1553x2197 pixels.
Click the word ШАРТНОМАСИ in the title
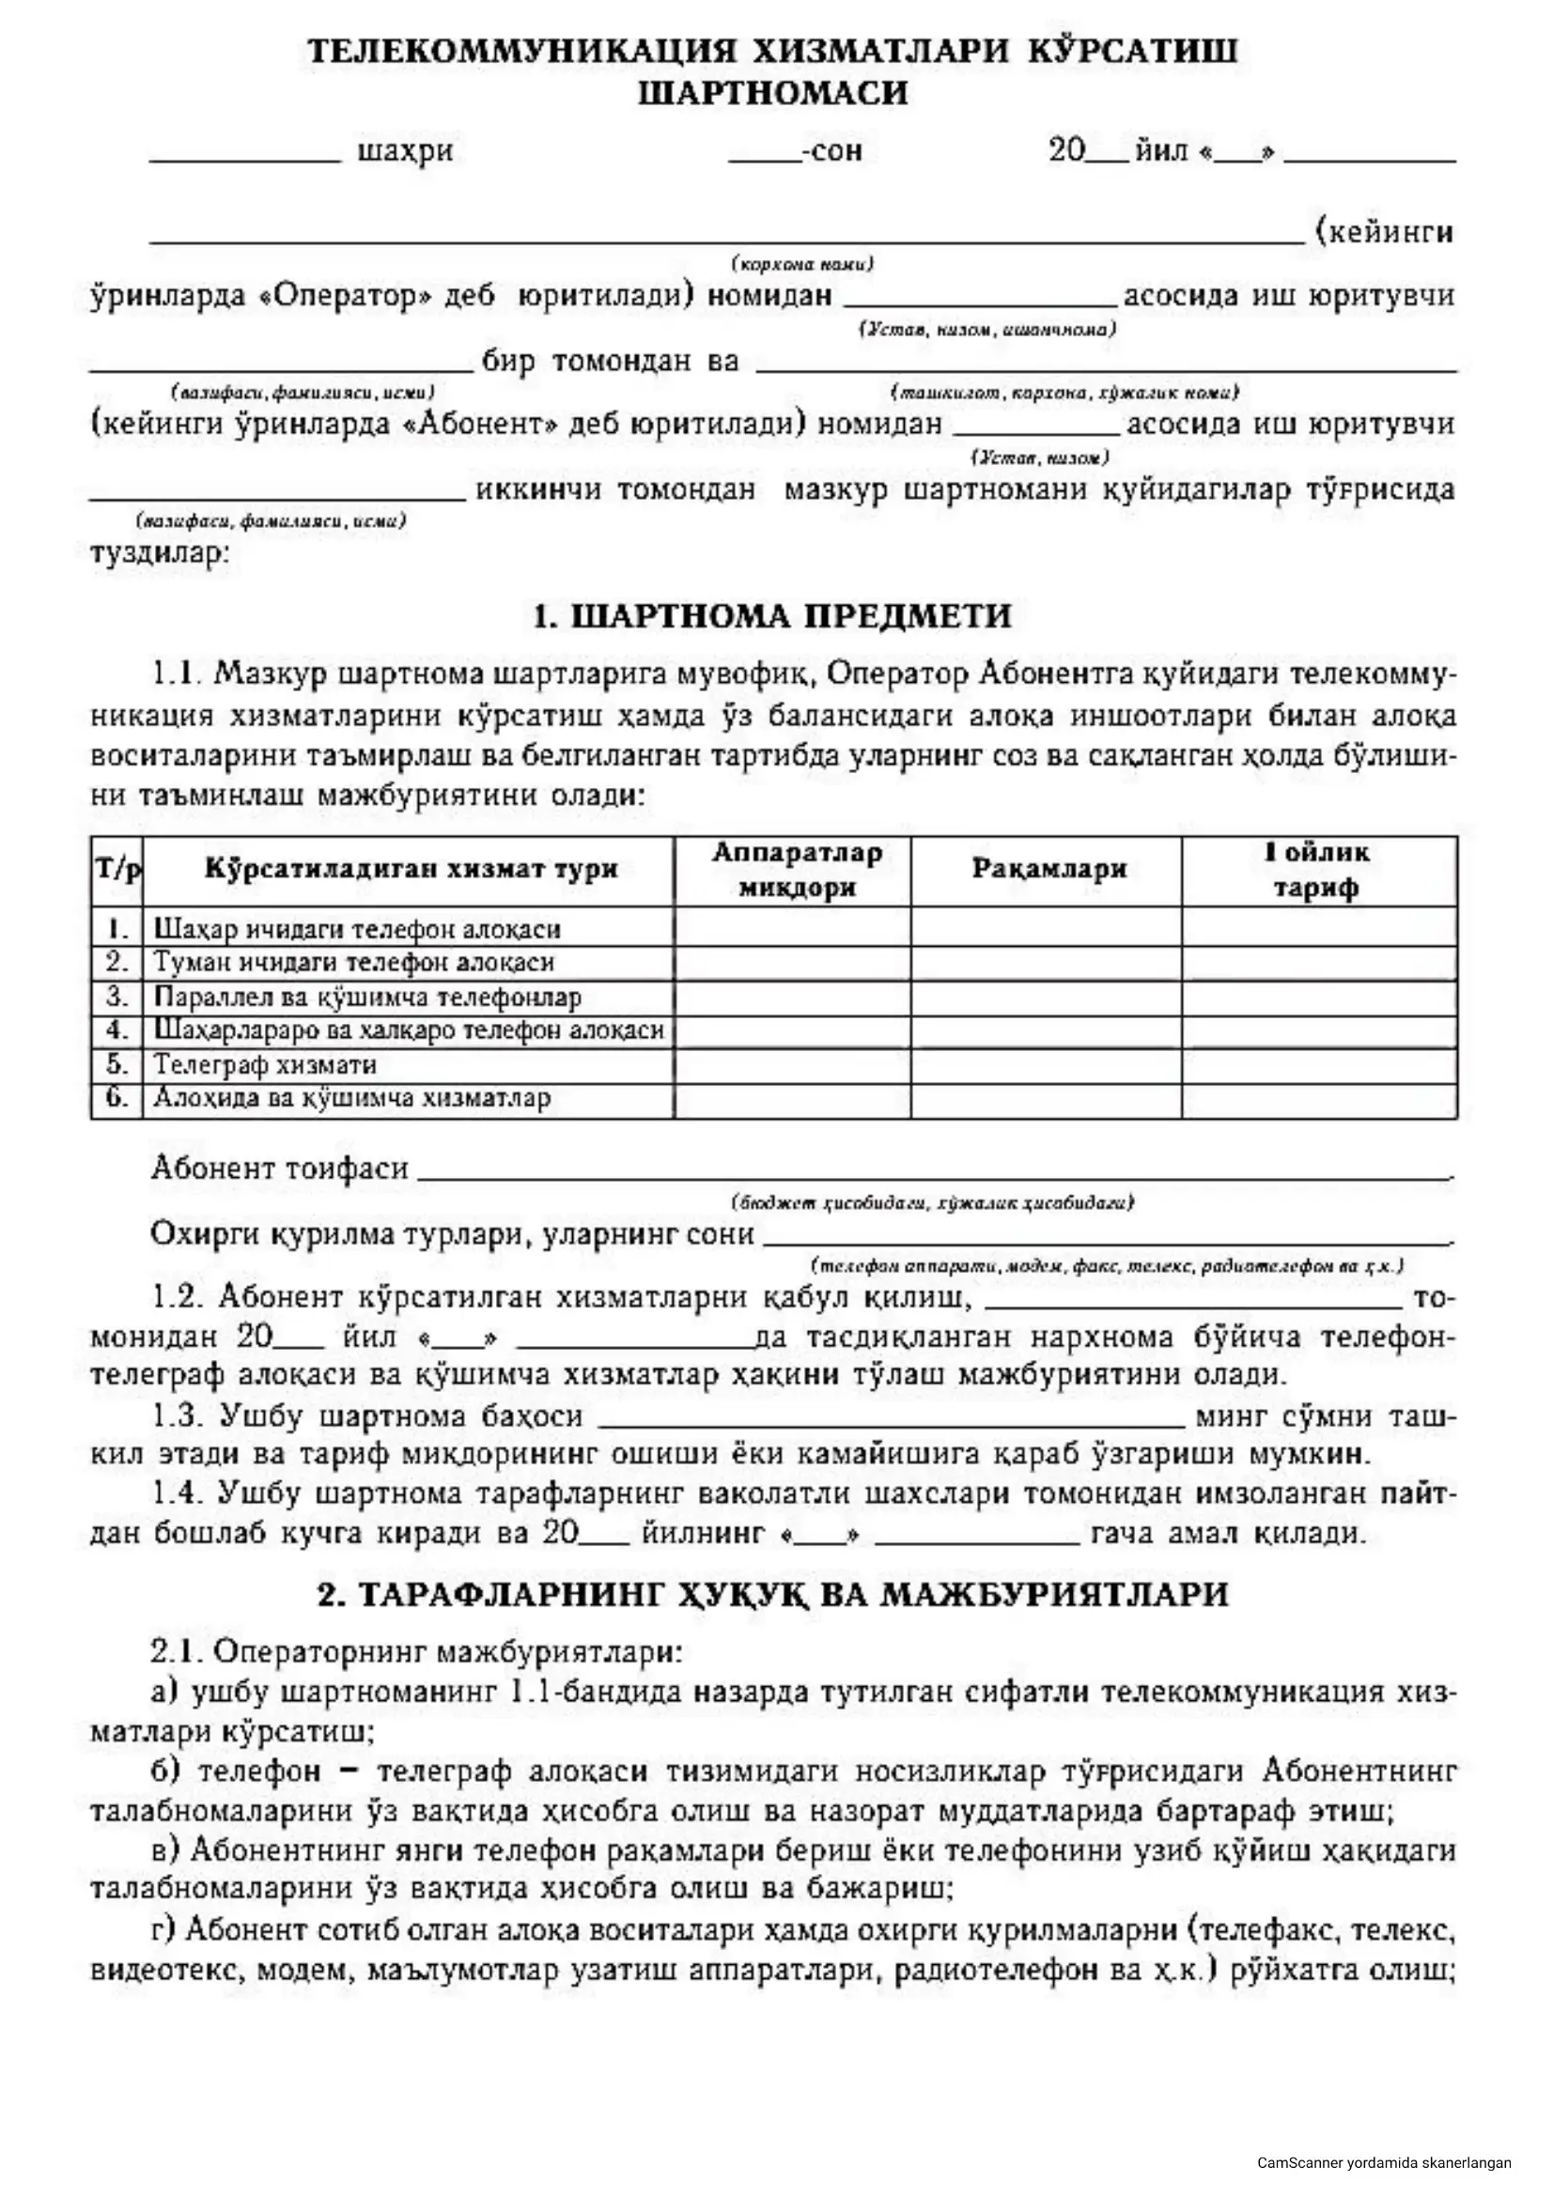(773, 94)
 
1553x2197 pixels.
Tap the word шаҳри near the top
(405, 152)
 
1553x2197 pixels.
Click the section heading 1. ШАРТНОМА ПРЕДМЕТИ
(772, 615)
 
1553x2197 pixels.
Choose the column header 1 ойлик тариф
(1317, 870)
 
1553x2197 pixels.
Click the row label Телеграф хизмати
(265, 1064)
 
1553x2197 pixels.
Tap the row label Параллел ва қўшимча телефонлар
(367, 998)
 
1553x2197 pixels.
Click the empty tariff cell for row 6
(1318, 1099)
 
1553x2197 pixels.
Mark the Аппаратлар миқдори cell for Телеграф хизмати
(792, 1064)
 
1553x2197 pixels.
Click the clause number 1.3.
(179, 1416)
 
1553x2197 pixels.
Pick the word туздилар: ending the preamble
(159, 553)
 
